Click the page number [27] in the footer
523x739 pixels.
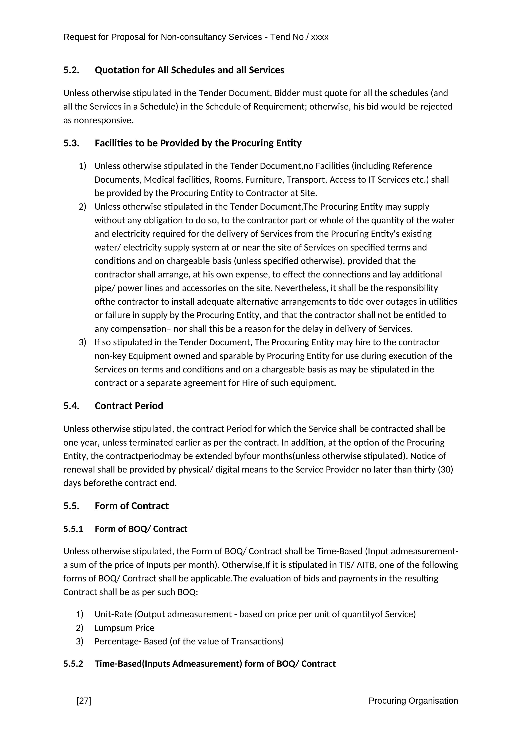tap(84, 701)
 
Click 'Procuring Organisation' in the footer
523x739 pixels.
tap(413, 701)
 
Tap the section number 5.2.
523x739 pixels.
tap(71, 70)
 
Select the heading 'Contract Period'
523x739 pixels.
tap(129, 406)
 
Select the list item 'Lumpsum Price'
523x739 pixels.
tap(124, 628)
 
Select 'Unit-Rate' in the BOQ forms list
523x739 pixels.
tap(113, 614)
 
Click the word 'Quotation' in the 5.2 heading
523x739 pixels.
tap(116, 70)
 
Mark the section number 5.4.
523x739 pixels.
tap(71, 406)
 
